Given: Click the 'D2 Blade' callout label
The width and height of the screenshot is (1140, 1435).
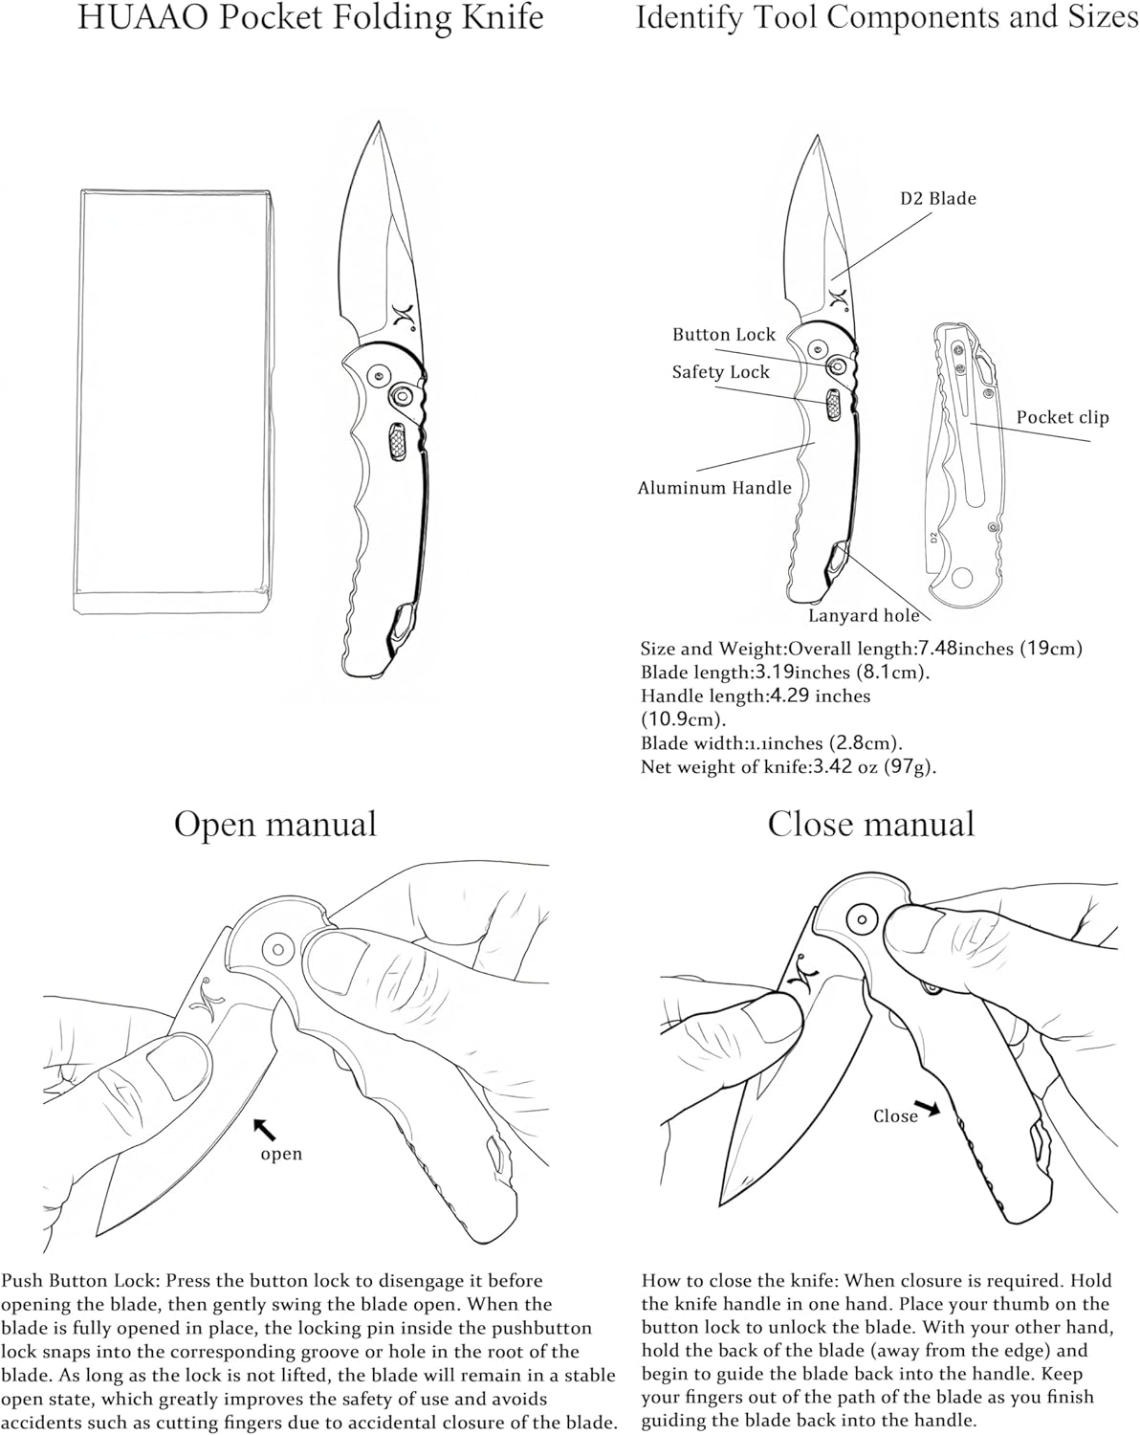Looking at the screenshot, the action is (937, 199).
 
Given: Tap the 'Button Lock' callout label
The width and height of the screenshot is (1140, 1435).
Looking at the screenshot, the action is (723, 335).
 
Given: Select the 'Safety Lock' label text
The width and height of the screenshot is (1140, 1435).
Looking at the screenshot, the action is (720, 372).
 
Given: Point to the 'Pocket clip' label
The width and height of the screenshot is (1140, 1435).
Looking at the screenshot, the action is (1062, 417).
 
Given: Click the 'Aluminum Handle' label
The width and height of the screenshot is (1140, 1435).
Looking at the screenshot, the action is (714, 488).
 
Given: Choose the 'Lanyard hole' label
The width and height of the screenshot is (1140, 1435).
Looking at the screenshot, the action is (864, 616).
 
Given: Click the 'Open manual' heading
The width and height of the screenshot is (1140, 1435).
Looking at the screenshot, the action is (275, 824).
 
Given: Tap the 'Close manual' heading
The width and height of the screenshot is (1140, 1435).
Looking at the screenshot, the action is (870, 824).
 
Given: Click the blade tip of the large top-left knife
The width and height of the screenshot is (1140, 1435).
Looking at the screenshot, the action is (379, 124).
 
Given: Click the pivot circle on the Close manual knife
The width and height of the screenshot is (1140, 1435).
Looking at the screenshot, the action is (863, 917).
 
